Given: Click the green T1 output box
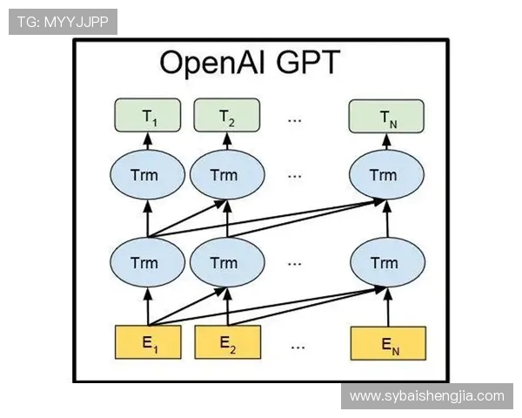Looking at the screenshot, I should click(147, 117).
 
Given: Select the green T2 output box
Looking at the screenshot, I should click(227, 117).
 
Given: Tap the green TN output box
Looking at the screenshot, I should click(385, 117).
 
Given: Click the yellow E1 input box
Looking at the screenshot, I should click(148, 342).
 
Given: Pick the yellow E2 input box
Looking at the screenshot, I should click(228, 342).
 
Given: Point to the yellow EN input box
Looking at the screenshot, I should click(388, 342).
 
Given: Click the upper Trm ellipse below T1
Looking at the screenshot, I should click(147, 175).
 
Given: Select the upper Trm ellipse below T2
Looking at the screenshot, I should click(226, 175).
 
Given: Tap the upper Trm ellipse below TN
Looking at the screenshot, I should click(383, 175).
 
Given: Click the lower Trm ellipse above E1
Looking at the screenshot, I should click(147, 262).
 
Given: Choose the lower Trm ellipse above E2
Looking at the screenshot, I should click(226, 262).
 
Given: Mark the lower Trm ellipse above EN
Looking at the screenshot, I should click(383, 262).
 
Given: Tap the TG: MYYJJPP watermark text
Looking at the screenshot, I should click(63, 22).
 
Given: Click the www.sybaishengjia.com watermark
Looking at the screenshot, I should click(426, 396).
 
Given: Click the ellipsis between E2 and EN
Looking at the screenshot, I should click(298, 343).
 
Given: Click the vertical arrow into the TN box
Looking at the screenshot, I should click(383, 143).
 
